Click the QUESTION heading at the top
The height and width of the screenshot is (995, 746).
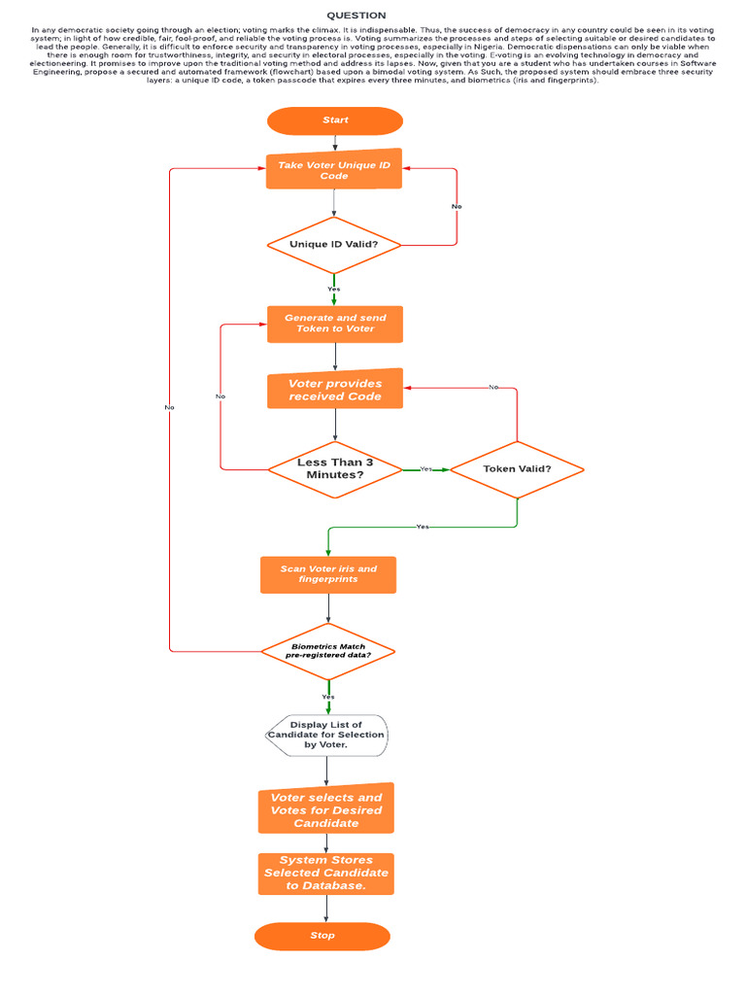(356, 16)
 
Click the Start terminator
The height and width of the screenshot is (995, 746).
(335, 120)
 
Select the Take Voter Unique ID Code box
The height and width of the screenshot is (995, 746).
(334, 170)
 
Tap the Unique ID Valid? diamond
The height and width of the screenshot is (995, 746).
(334, 245)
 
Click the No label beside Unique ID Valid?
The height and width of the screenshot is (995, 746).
(457, 206)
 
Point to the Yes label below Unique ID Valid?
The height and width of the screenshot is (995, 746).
(334, 289)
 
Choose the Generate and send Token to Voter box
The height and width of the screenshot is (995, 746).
(335, 324)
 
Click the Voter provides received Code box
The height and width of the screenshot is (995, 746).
(335, 390)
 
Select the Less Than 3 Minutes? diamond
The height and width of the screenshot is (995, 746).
(335, 468)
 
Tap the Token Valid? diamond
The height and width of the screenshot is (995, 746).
(517, 468)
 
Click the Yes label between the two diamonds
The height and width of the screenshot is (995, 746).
(425, 469)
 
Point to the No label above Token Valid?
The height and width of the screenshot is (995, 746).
(493, 387)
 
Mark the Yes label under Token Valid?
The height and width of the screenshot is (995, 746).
(423, 527)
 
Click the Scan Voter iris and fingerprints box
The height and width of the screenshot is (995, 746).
(328, 574)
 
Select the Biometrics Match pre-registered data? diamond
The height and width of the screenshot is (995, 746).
(328, 651)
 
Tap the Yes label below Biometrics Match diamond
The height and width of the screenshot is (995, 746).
(328, 697)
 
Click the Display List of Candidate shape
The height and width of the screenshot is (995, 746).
(326, 736)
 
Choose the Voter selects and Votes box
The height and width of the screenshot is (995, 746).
(326, 809)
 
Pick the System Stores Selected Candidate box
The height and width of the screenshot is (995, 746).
(326, 873)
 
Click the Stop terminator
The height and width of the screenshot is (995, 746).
(322, 936)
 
